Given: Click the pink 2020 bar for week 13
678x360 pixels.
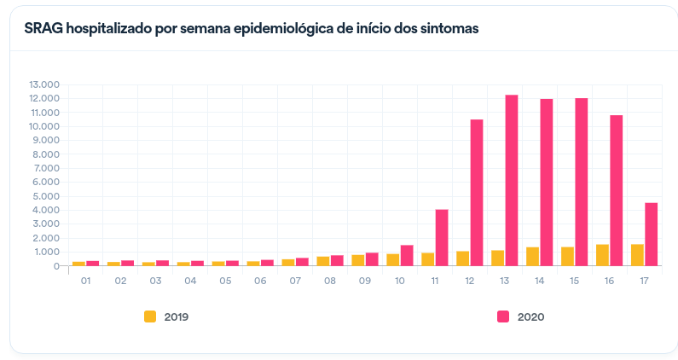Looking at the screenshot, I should pos(512,180).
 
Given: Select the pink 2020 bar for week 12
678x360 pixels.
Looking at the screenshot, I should pos(477,193).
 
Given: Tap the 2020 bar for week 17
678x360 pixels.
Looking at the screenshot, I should pos(651,234).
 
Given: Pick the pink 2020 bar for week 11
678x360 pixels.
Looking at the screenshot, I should pos(442,237).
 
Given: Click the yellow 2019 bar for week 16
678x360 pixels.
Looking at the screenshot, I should pos(602,255).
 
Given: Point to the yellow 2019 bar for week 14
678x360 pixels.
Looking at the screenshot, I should pos(532,256).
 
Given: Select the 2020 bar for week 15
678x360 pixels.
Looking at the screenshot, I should pos(582,182).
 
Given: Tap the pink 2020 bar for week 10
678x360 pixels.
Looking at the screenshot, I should pos(407,255).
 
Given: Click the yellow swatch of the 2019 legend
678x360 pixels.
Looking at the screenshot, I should pos(150,316).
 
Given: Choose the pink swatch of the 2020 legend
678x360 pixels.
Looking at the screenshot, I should pos(503,316).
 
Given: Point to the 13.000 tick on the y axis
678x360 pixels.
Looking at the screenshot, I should pos(43,85).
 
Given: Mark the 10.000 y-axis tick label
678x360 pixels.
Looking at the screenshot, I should pos(43,126).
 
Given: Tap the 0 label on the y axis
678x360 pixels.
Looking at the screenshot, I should pos(56,266).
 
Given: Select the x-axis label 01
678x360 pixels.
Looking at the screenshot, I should pos(85,280).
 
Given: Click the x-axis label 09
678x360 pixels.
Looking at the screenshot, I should pos(364,280).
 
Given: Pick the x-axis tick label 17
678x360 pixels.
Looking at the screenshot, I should pos(643,280).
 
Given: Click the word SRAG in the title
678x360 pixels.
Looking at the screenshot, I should pos(43,28).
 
